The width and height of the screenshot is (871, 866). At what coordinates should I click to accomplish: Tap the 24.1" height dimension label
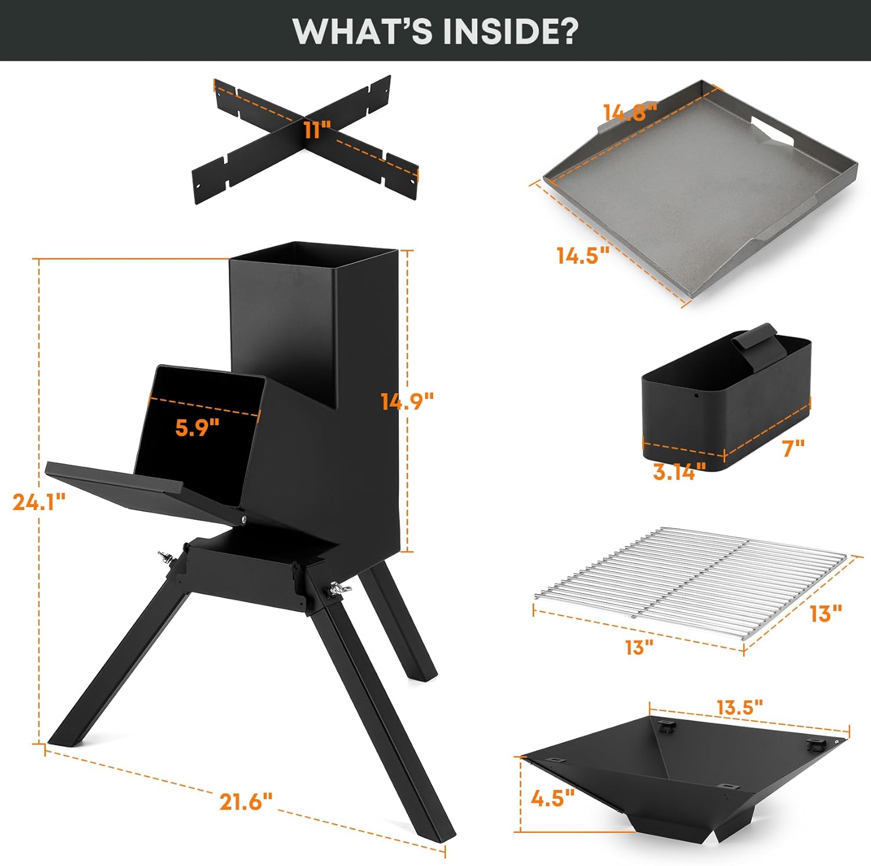tap(39, 501)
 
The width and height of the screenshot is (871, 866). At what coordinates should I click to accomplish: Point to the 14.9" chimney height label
tap(407, 401)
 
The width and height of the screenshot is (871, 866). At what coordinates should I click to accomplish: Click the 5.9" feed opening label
tap(197, 427)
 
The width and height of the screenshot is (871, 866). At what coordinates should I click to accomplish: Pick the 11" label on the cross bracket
tap(316, 129)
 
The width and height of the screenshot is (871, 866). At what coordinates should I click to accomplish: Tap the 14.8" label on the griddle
tap(630, 112)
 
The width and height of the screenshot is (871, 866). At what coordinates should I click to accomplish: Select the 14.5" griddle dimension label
tap(583, 256)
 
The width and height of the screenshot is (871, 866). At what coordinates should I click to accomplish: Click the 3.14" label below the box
tap(679, 472)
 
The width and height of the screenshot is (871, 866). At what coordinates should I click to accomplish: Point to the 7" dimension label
tap(793, 448)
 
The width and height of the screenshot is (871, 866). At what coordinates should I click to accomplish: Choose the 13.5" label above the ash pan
tap(739, 707)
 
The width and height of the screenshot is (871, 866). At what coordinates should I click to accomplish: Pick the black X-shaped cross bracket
tap(305, 139)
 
